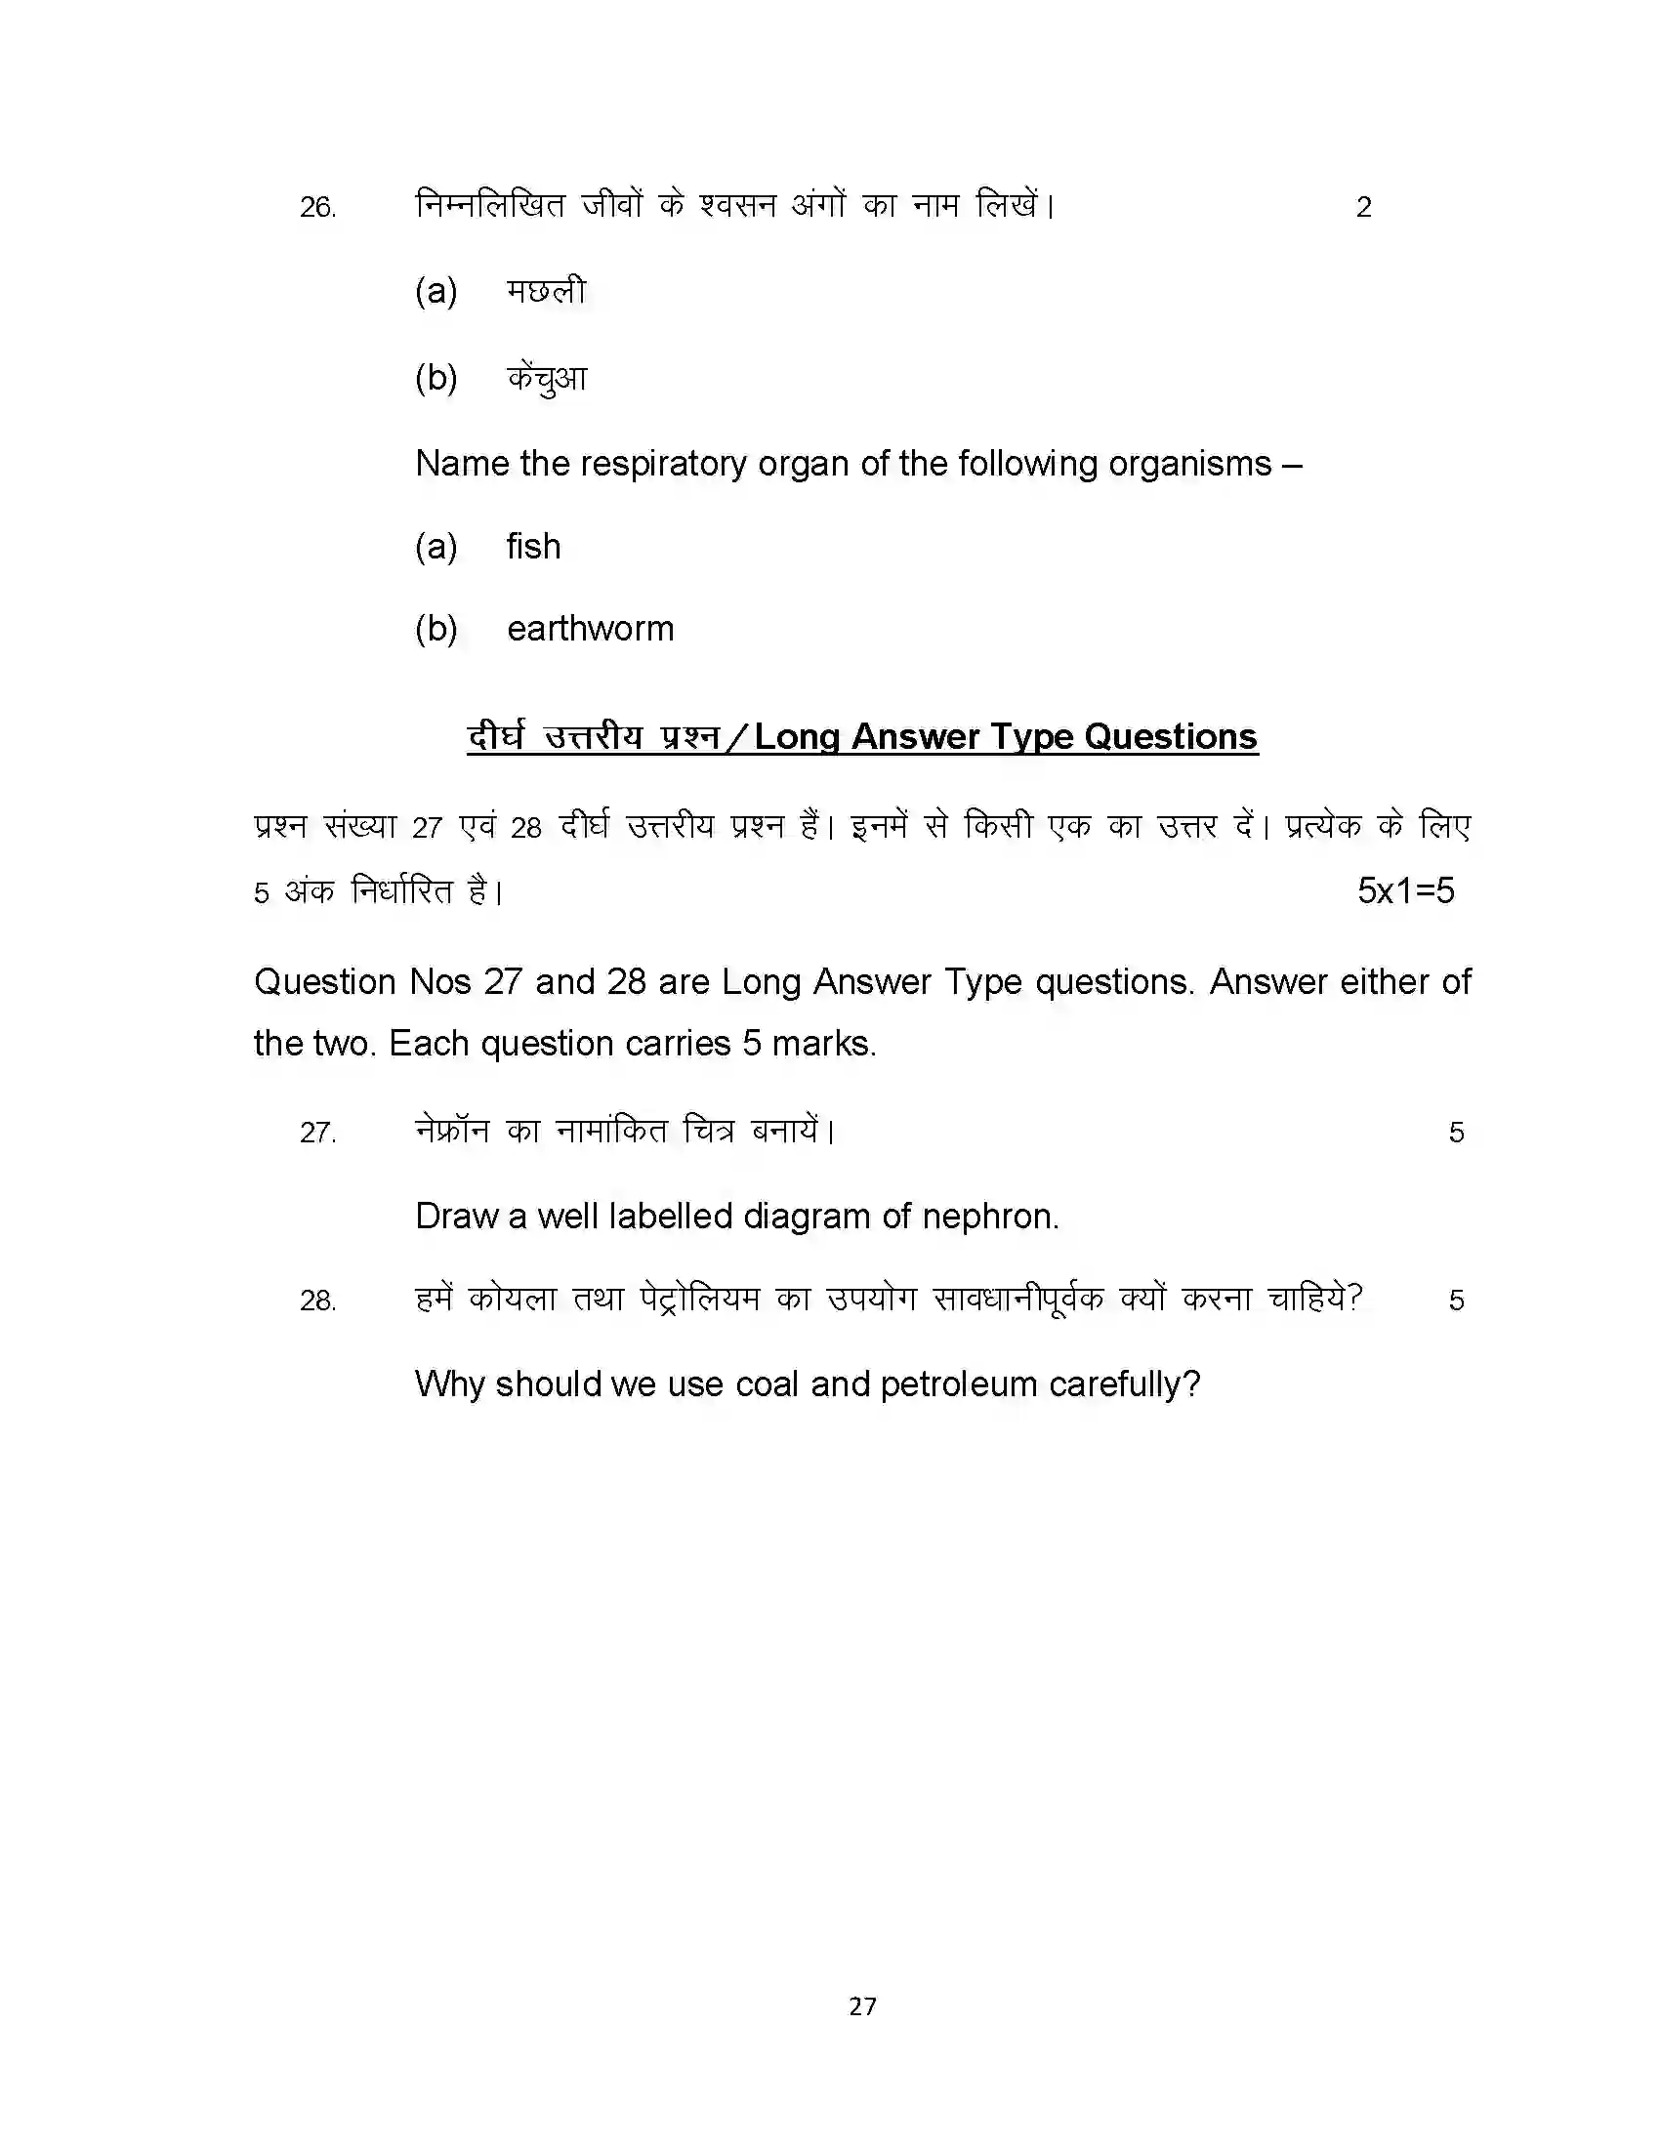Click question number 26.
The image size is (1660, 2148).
coord(317,208)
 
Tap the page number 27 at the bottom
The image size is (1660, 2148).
coord(862,2006)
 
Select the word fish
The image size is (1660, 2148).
coord(533,546)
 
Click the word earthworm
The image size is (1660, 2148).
coord(590,629)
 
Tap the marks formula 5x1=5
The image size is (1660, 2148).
coord(1405,891)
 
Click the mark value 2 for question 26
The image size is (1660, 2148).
coord(1363,208)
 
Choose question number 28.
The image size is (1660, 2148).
coord(317,1301)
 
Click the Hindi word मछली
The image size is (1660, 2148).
coord(546,291)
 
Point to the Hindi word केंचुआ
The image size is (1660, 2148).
coord(547,378)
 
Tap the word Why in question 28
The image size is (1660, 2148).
coord(450,1384)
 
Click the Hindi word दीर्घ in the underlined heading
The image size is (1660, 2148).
coord(497,736)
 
